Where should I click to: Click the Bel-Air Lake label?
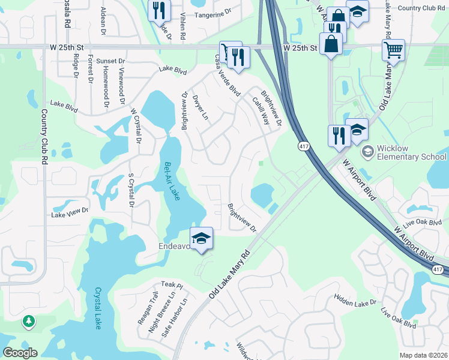pos(172,181)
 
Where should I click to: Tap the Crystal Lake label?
pos(98,308)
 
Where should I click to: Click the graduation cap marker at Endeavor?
pos(202,238)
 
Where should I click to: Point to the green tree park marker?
pos(28,322)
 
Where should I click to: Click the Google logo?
pos(20,353)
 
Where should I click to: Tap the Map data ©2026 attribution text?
pos(424,355)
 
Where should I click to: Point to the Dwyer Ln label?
pos(200,106)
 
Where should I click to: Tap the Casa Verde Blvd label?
pos(228,75)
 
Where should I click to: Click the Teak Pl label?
pos(171,284)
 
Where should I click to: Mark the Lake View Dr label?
pos(70,212)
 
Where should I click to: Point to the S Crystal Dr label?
pos(131,190)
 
